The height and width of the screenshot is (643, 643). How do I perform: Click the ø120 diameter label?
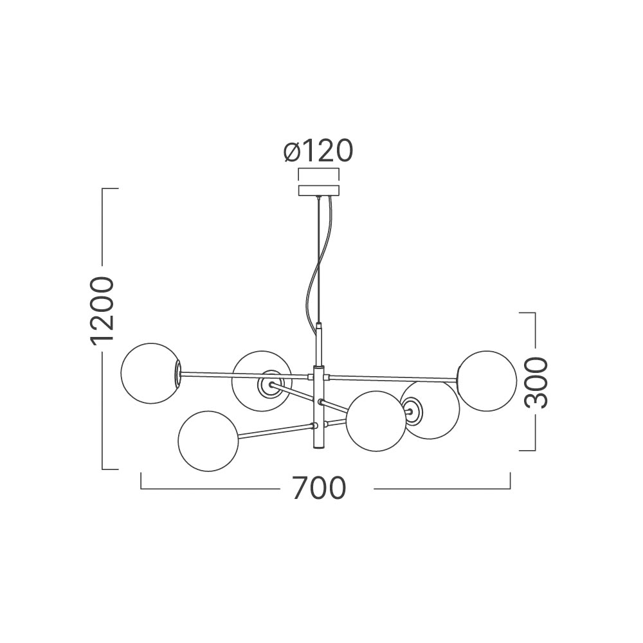pos(318,150)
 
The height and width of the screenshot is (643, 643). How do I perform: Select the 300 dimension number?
pos(536,383)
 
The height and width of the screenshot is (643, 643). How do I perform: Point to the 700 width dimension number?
pos(319,488)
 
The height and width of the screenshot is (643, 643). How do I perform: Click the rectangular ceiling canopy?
pos(319,191)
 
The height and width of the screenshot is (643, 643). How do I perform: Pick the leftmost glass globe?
pos(151,374)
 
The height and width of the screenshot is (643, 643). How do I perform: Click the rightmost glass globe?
pos(487,381)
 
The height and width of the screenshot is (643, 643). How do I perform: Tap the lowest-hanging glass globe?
pos(208,441)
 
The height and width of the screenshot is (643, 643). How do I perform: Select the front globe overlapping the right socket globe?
pos(376,421)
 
